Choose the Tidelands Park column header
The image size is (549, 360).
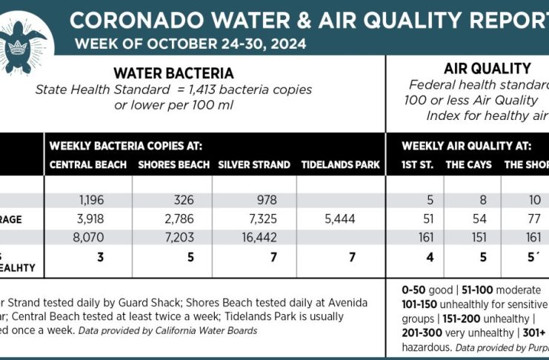click(340, 164)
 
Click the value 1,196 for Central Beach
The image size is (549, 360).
click(92, 199)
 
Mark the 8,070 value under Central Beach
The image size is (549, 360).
click(92, 238)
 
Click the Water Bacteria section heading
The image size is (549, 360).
click(173, 73)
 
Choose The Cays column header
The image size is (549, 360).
click(468, 164)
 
